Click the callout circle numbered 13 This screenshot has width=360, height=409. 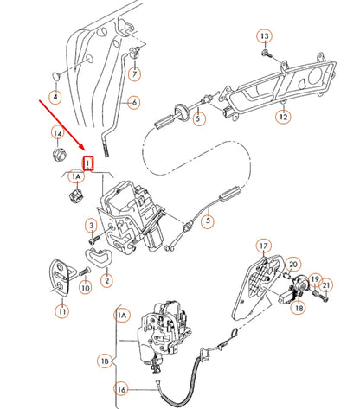pos(265,35)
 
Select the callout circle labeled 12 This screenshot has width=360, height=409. pos(283,115)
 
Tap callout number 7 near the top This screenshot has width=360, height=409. pos(135,73)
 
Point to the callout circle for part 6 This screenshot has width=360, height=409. pos(134,103)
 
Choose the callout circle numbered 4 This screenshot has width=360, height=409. pos(55,98)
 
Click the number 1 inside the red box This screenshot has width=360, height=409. pos(87,161)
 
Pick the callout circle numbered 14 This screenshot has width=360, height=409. pos(58,133)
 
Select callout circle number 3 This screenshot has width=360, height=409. pos(90,227)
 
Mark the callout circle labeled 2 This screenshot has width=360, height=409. pos(106,279)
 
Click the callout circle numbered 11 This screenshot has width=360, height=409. pos(61,310)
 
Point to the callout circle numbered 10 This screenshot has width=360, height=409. pos(85,288)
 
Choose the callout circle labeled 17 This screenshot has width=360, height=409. pos(263,246)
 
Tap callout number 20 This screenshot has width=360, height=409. pos(293,264)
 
